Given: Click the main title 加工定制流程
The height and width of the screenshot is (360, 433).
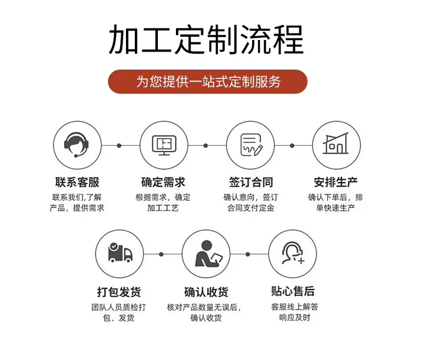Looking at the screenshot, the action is click(x=207, y=39).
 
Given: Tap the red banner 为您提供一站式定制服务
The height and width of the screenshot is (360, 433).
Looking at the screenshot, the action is click(x=208, y=82).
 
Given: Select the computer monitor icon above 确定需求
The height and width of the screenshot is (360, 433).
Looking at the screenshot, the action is click(x=164, y=145).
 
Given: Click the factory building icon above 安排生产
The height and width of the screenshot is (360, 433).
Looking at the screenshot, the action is click(x=336, y=143).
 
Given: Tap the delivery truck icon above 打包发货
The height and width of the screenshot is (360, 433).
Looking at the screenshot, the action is click(x=120, y=253).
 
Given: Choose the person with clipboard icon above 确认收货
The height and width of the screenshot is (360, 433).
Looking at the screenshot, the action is click(x=208, y=254).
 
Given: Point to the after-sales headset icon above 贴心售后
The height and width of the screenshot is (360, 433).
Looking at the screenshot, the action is click(x=293, y=253).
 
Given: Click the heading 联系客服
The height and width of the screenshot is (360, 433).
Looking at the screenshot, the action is click(x=77, y=182).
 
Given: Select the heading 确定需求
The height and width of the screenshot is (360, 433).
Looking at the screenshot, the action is click(x=163, y=182).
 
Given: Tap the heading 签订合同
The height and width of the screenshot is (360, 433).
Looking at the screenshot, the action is click(x=251, y=182).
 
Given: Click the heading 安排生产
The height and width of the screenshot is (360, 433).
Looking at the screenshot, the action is click(x=336, y=182).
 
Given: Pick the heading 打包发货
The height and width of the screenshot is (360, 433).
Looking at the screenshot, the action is click(x=119, y=292).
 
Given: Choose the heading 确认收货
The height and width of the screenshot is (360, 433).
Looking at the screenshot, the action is click(x=206, y=292).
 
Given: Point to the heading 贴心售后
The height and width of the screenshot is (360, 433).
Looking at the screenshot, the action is click(x=293, y=292).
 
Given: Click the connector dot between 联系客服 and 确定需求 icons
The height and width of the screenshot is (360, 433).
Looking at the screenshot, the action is click(x=119, y=146).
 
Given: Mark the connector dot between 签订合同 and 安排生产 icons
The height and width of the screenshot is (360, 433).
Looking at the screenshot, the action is click(x=292, y=146).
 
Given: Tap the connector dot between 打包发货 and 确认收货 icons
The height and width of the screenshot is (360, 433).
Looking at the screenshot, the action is click(x=161, y=254).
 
